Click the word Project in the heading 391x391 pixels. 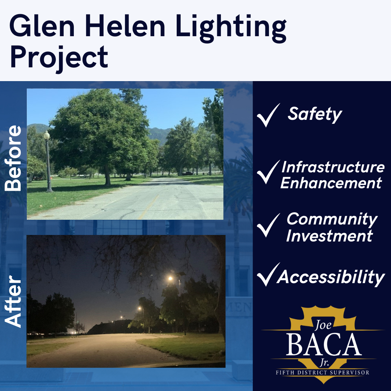pyautogui.click(x=58, y=57)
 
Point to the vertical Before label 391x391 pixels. pyautogui.click(x=13, y=158)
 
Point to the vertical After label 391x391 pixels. pyautogui.click(x=13, y=301)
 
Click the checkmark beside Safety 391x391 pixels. pyautogui.click(x=268, y=115)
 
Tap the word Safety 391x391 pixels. pyautogui.click(x=315, y=114)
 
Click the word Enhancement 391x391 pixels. pyautogui.click(x=331, y=183)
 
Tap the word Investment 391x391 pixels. pyautogui.click(x=329, y=236)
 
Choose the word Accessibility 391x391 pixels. pyautogui.click(x=331, y=278)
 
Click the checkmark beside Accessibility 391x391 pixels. pyautogui.click(x=268, y=275)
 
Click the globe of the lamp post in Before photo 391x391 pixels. pyautogui.click(x=47, y=135)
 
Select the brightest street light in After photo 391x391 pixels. pyautogui.click(x=170, y=278)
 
